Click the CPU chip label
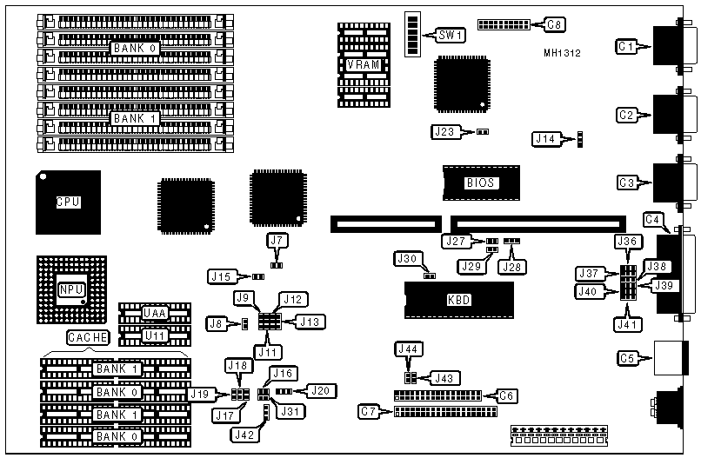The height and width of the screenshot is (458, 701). click(x=68, y=202)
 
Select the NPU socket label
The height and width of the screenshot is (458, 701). click(x=69, y=289)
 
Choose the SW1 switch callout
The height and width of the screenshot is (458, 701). click(x=451, y=36)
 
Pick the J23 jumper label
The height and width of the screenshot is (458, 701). click(x=444, y=131)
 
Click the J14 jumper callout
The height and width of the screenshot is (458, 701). click(x=546, y=137)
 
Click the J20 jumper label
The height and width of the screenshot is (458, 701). click(x=322, y=390)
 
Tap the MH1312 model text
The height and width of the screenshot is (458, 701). click(x=563, y=53)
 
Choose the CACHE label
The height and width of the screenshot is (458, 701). click(x=87, y=336)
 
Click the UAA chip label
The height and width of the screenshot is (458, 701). click(x=155, y=313)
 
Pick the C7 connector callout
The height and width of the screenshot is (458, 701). click(x=370, y=410)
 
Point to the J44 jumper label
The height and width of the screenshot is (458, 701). click(x=407, y=348)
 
